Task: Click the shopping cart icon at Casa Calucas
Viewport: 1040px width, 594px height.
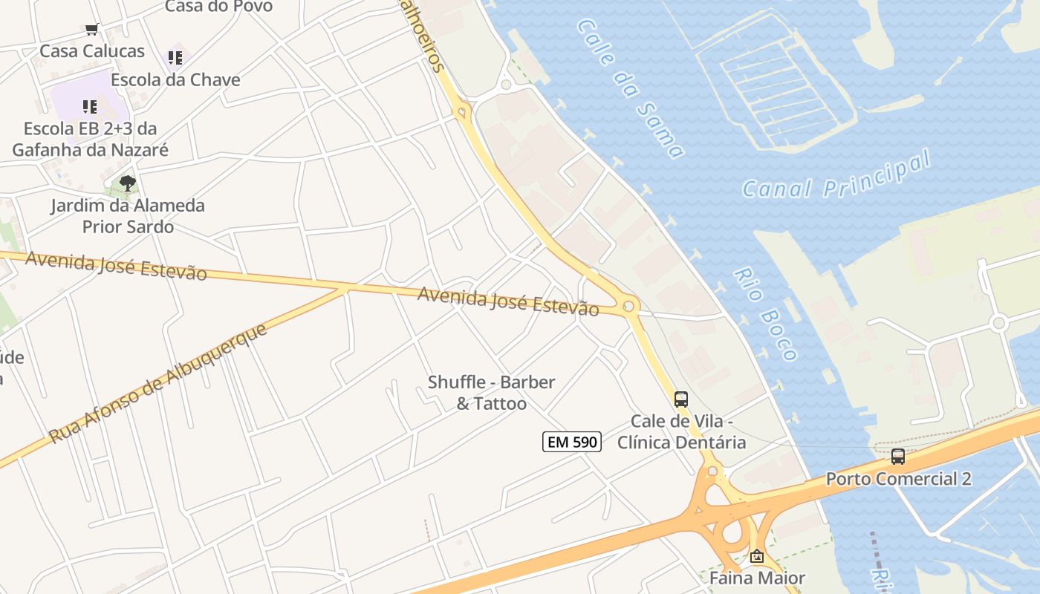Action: pyautogui.click(x=91, y=30)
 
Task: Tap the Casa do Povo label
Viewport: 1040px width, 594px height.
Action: pyautogui.click(x=218, y=7)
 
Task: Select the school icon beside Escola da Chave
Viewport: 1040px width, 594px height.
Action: pyautogui.click(x=175, y=57)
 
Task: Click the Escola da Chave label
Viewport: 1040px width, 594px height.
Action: pyautogui.click(x=175, y=79)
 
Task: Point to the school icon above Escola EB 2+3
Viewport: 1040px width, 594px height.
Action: pyautogui.click(x=90, y=107)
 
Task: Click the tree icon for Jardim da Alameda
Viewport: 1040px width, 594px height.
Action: pyautogui.click(x=128, y=183)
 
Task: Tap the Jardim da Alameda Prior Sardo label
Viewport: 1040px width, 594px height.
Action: pyautogui.click(x=128, y=215)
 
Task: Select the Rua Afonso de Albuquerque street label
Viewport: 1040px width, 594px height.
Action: pyautogui.click(x=157, y=384)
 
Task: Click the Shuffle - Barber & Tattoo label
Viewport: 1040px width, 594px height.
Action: pyautogui.click(x=491, y=393)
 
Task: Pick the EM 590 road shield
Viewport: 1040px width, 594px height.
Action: pyautogui.click(x=571, y=442)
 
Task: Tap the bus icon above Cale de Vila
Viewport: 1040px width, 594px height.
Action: pyautogui.click(x=680, y=399)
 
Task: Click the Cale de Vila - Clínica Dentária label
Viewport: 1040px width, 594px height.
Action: pyautogui.click(x=681, y=431)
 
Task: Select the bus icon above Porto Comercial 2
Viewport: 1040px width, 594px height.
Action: pyautogui.click(x=897, y=456)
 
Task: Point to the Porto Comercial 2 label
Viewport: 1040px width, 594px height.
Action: pyautogui.click(x=898, y=479)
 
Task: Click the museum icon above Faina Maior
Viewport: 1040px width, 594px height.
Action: pyautogui.click(x=756, y=556)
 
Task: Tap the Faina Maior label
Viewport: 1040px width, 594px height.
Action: pyautogui.click(x=756, y=578)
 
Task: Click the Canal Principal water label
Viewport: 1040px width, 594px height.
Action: pyautogui.click(x=836, y=175)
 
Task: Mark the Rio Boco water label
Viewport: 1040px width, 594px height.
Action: pyautogui.click(x=764, y=314)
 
